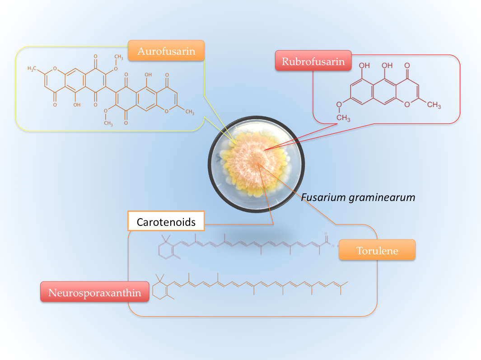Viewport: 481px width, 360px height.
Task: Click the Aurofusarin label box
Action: point(166,51)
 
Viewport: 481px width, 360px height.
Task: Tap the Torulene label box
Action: point(377,250)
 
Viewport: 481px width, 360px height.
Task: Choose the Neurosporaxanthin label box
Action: point(94,293)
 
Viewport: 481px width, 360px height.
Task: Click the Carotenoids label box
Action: point(166,222)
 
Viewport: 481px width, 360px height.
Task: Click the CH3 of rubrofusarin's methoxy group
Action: point(343,118)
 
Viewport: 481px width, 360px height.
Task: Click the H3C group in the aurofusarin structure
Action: point(33,68)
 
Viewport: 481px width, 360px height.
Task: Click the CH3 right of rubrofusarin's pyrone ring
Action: point(434,105)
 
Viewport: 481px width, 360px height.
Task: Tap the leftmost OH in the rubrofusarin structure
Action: point(364,65)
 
